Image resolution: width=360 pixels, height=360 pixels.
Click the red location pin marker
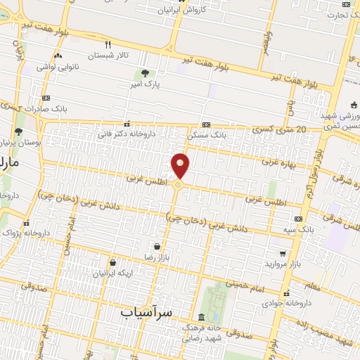[x=181, y=166]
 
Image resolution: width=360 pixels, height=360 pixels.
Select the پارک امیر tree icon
[x=145, y=73]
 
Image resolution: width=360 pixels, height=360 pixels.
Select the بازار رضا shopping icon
[x=156, y=247]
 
